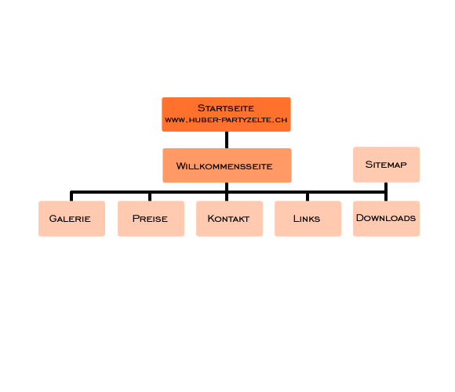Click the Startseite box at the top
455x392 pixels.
(227, 114)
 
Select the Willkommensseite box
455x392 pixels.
(227, 165)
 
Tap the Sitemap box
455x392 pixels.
(386, 165)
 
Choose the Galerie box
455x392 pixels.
(71, 219)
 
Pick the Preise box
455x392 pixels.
(151, 219)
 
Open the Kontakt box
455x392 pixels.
(229, 219)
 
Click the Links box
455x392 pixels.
(308, 219)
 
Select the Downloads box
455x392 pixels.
(386, 219)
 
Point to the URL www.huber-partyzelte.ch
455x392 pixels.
(226, 120)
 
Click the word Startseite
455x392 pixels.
(226, 108)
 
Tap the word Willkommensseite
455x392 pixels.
(224, 166)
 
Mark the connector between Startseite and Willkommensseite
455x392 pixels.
(227, 140)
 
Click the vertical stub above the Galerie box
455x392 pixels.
(71, 196)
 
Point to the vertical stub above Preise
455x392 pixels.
(150, 197)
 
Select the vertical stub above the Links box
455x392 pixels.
(308, 197)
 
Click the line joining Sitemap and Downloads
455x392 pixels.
(386, 191)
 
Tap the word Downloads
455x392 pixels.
(386, 218)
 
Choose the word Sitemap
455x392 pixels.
(386, 165)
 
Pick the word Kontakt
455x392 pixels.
(228, 219)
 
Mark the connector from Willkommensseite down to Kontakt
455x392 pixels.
(227, 191)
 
